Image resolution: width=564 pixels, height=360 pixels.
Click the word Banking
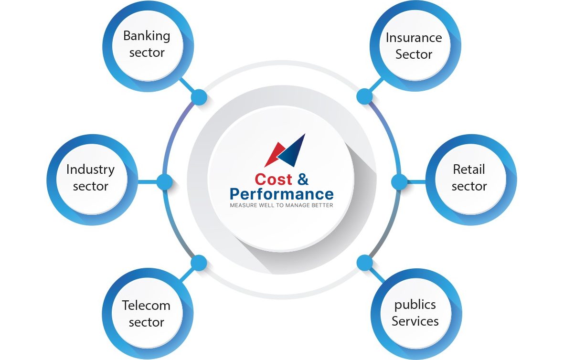tap(147, 36)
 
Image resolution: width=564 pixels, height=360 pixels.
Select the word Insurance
tap(414, 38)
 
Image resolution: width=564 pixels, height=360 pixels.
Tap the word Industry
tap(91, 170)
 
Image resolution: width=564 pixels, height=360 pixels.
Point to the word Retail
tap(469, 169)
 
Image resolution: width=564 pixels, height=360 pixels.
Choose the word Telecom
tap(146, 306)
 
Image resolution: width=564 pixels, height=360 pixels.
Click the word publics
tap(415, 305)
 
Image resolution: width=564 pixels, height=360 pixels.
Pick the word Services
tap(415, 321)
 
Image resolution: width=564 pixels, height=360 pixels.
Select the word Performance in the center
tap(282, 194)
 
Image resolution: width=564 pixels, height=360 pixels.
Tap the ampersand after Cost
tap(303, 179)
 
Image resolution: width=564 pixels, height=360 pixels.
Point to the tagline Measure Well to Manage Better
tap(282, 205)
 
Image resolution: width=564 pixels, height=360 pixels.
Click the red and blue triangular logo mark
tap(285, 150)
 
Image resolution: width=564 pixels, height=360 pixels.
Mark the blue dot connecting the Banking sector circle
tap(199, 97)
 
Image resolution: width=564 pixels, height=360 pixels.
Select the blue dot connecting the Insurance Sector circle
tap(365, 97)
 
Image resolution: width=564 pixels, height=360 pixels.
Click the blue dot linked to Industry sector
tap(164, 181)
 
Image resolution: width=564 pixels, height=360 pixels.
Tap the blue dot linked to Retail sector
tap(399, 181)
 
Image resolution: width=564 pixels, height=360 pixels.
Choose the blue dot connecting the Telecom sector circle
tap(199, 263)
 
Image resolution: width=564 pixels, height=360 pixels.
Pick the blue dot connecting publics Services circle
tap(365, 263)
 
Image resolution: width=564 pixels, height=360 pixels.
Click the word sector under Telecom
tap(147, 322)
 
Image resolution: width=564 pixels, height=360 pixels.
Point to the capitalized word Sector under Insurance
tap(414, 54)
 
